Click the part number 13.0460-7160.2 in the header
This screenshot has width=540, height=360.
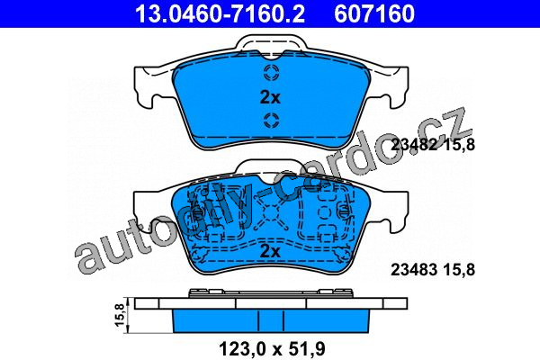click(220, 13)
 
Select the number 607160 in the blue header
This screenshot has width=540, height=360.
click(374, 13)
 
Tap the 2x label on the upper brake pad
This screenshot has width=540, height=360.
click(270, 98)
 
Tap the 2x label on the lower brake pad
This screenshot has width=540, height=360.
click(270, 252)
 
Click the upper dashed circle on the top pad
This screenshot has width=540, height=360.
click(271, 72)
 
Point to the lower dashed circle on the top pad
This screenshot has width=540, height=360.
click(271, 121)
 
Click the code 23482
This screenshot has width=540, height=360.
click(414, 145)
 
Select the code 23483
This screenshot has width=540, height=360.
click(414, 269)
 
